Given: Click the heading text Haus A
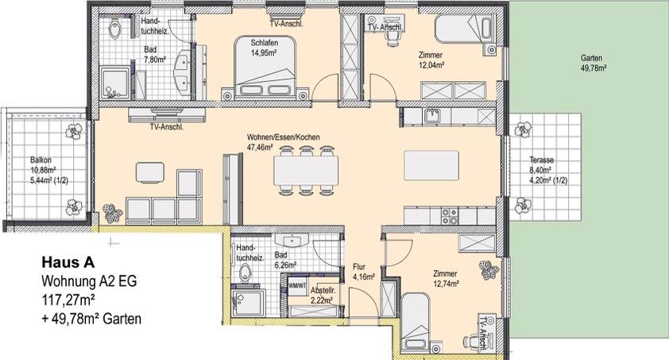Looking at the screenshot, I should point(68,263).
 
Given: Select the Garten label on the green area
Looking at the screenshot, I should point(590,64).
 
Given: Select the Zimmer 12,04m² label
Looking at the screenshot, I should point(430,60).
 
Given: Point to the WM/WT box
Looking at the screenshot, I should point(296,284).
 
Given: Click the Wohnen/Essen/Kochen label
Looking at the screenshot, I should point(283,142).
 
